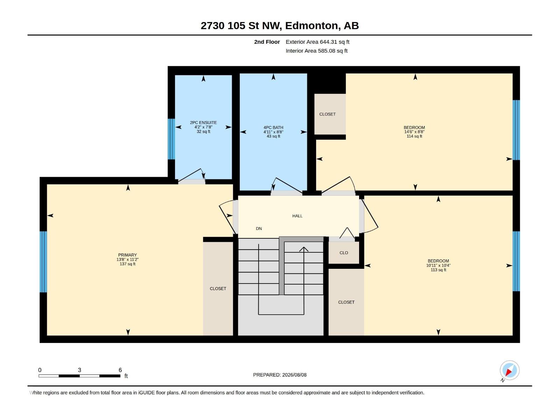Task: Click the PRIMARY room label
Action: point(127,255)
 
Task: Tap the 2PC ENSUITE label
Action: point(203,122)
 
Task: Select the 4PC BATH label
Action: point(273,127)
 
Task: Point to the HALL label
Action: point(297,216)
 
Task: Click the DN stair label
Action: point(259,229)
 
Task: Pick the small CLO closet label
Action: point(344,253)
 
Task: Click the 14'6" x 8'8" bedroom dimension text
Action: point(414,132)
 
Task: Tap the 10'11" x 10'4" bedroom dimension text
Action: point(438,265)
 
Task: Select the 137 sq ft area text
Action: point(127,264)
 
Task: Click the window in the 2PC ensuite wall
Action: point(171,139)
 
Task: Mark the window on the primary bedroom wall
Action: point(43,262)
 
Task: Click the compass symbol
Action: point(509,371)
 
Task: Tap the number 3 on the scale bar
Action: point(79,370)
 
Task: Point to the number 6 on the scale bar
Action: point(120,370)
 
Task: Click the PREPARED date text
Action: point(280,375)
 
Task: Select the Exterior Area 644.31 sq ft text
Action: point(317,42)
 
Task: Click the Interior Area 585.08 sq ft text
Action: point(316,51)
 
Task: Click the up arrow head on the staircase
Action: point(303,249)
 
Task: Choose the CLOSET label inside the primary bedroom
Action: point(218,288)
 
